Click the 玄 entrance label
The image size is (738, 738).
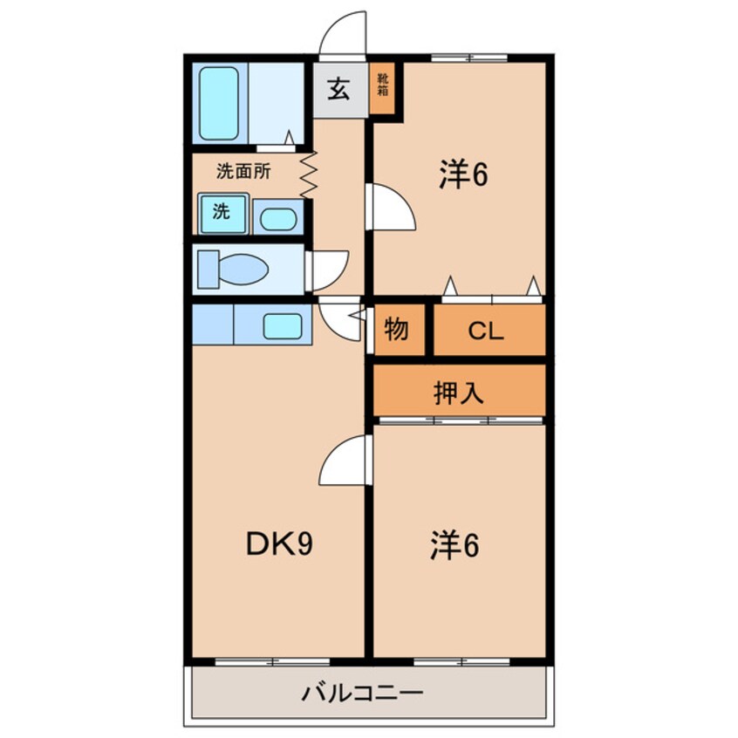[338, 89]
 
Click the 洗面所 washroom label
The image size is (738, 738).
[243, 171]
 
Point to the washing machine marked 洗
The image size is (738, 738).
[222, 214]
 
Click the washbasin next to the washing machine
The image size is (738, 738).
[277, 218]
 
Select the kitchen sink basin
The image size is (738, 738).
[283, 326]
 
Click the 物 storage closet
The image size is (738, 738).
[397, 331]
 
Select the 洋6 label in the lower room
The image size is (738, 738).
[454, 545]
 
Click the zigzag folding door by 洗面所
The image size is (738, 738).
[308, 174]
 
